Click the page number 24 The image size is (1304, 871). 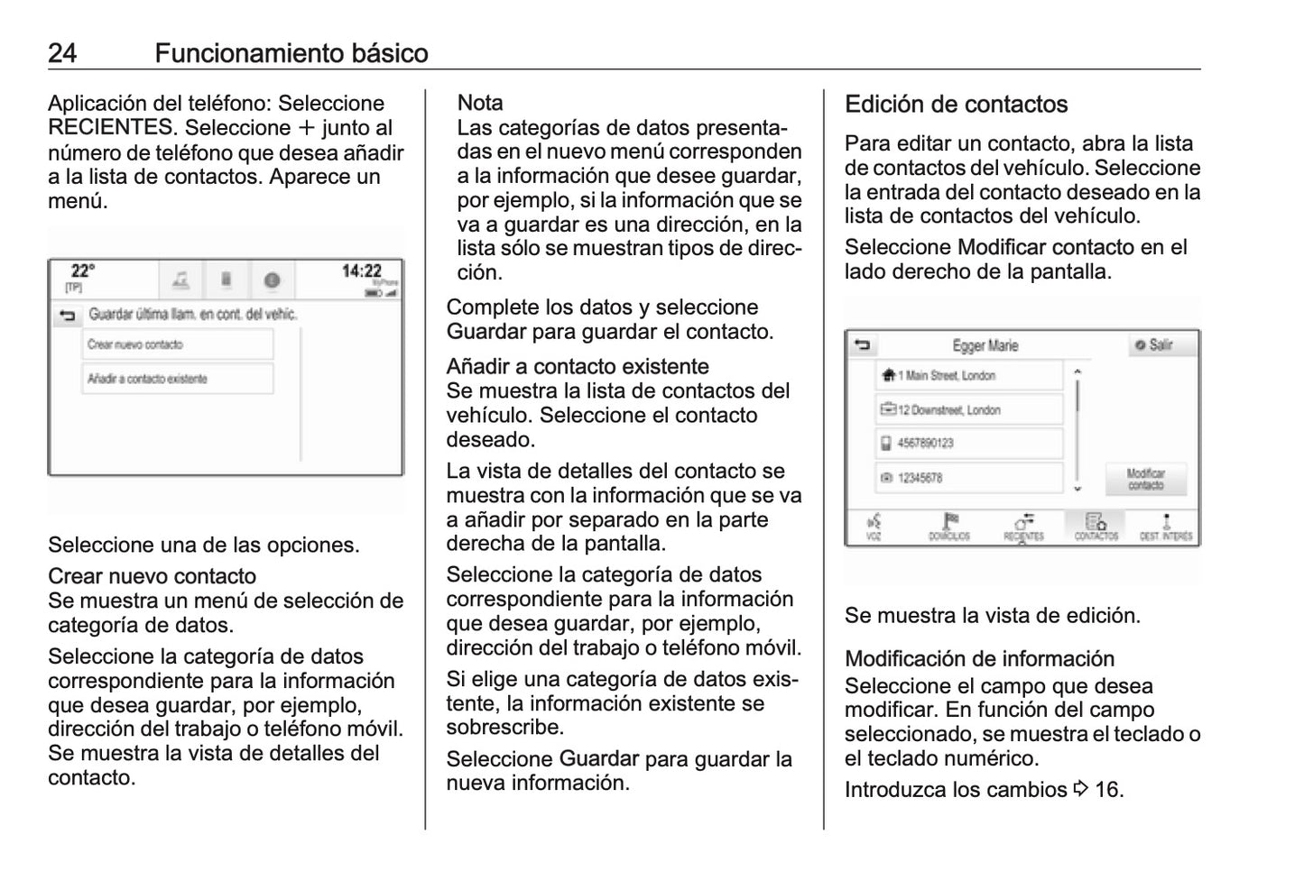62,53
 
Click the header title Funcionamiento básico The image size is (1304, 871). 291,53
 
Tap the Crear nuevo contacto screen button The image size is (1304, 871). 177,344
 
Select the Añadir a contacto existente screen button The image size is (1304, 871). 177,379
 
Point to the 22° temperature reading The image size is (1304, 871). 83,271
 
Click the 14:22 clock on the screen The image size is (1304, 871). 361,271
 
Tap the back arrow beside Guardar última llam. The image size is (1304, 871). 66,316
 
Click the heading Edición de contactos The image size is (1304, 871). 956,105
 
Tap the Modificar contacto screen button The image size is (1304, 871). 1145,479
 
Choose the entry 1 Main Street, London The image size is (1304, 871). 968,376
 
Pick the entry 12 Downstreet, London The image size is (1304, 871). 968,410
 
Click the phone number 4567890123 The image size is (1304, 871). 968,444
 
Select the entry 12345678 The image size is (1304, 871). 968,478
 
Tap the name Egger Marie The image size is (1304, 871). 985,345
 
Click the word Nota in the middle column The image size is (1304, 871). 480,103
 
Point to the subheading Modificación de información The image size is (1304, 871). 979,659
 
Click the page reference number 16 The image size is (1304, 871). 1108,790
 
